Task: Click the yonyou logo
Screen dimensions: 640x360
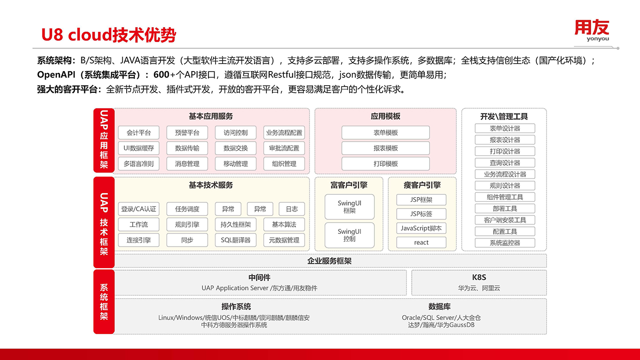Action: pos(592,31)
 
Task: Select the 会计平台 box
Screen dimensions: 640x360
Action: pos(138,133)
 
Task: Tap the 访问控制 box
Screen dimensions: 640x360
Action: pos(235,133)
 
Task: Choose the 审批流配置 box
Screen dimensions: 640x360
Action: pos(284,148)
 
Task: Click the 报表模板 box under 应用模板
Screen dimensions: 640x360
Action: pos(385,148)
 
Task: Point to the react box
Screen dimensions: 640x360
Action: pos(421,242)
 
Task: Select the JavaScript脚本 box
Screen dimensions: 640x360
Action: pos(421,228)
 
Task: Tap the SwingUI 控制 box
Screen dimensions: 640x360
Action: pos(350,235)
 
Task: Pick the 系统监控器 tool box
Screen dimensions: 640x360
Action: pos(505,243)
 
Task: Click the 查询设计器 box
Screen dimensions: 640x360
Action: pos(505,163)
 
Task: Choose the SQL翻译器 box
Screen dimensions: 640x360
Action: pos(235,240)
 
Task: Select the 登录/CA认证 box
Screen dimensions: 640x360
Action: pos(138,209)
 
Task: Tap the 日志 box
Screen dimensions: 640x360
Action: pos(292,209)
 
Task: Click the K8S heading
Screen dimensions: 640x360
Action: pos(479,277)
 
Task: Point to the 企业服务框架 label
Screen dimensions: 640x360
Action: pos(329,261)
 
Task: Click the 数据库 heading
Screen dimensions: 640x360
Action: pos(440,306)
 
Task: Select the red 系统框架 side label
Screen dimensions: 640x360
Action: pos(104,302)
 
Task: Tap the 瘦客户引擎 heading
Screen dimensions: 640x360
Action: pos(422,185)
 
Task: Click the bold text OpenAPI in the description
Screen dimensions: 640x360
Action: pos(56,74)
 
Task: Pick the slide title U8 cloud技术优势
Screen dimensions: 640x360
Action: pos(109,35)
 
